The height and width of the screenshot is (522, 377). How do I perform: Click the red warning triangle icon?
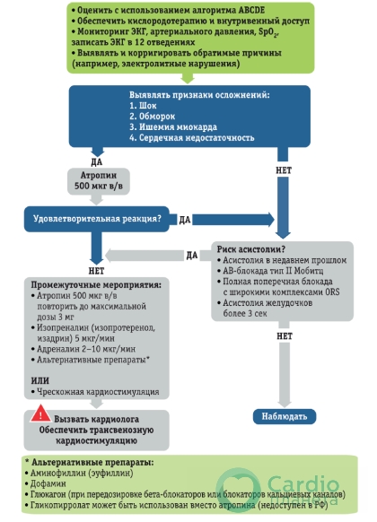coord(40,413)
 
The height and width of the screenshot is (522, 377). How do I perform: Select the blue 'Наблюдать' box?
coord(285,416)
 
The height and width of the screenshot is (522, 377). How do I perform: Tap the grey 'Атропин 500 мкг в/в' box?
coord(99,181)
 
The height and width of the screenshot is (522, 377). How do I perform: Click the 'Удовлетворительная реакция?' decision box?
coord(97,219)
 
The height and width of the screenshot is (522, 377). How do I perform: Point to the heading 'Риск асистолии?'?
coord(251,249)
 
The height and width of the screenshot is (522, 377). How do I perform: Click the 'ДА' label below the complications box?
coord(97,162)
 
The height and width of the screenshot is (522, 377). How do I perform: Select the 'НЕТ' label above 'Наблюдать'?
coord(285,336)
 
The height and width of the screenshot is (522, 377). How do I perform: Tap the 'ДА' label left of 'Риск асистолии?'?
coord(192,256)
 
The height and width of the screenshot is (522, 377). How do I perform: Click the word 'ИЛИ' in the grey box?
coord(40,380)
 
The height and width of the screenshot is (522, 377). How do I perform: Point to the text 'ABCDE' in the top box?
coord(251,10)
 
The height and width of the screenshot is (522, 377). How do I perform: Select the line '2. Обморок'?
coord(153,117)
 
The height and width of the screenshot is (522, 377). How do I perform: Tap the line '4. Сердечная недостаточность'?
coord(192,138)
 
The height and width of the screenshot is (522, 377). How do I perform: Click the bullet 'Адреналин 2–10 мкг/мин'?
coord(83,349)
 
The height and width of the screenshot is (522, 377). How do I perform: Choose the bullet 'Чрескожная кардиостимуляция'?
coord(95,392)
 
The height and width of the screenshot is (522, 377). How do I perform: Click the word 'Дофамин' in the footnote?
coord(46,483)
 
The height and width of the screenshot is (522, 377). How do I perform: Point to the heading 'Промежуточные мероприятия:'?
coord(96,285)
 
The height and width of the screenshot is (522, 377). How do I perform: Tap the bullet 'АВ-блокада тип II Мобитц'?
coord(270,271)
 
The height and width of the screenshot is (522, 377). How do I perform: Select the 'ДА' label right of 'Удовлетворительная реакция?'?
coord(185,220)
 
